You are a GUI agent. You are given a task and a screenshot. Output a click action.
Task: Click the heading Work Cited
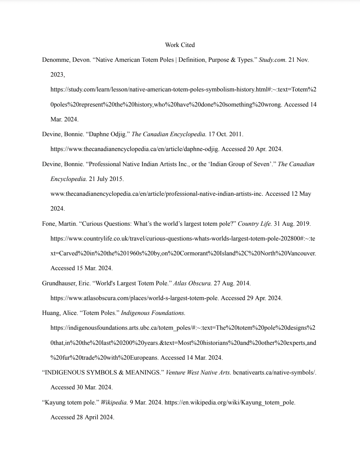click(x=180, y=45)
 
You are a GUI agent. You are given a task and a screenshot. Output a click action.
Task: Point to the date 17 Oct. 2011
click(x=226, y=134)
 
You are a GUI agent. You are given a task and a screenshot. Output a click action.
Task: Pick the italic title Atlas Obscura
click(x=192, y=283)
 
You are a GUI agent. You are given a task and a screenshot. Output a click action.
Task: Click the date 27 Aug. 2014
click(x=232, y=283)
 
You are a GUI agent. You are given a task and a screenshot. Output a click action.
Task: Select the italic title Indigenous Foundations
click(x=153, y=313)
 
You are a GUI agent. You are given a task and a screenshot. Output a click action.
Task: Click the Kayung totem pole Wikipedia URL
click(x=230, y=403)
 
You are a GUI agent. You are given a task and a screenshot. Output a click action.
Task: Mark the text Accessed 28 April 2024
click(x=82, y=417)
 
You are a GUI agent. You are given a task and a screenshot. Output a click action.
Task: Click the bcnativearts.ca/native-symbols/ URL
click(x=274, y=373)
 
